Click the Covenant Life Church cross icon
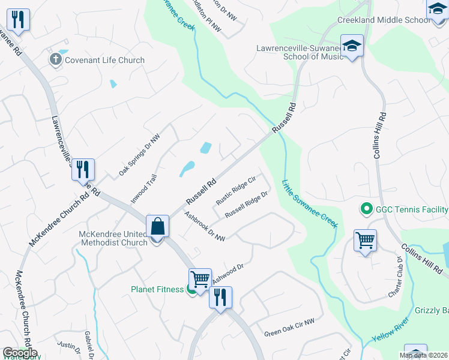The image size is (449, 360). [x=56, y=59]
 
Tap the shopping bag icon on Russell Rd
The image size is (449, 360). [x=157, y=227]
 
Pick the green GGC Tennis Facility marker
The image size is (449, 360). [x=366, y=209]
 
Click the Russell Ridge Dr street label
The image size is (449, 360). [x=246, y=206]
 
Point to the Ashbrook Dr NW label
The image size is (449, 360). [x=205, y=227]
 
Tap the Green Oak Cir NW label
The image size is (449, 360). [x=289, y=328]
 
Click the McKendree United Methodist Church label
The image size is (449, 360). [x=113, y=238]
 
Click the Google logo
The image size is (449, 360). [x=20, y=352]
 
